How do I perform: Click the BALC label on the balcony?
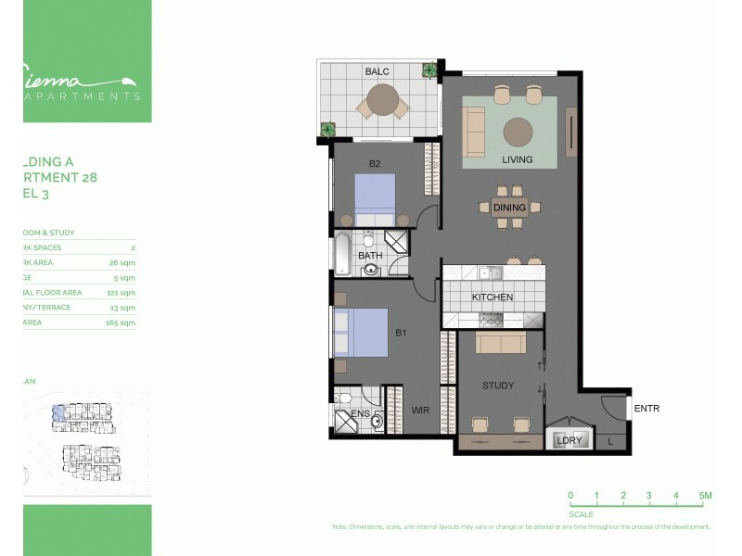click(x=377, y=71)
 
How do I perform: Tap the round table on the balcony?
click(x=381, y=98)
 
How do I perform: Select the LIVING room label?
click(x=518, y=159)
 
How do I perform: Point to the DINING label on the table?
click(x=509, y=208)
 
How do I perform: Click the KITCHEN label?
click(x=493, y=297)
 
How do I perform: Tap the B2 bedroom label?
click(x=375, y=164)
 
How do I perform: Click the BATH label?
click(x=371, y=256)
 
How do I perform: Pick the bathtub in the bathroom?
click(x=341, y=254)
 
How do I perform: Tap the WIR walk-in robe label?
click(x=418, y=409)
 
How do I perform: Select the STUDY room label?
click(x=497, y=385)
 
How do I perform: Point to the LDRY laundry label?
click(x=569, y=440)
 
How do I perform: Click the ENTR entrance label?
click(x=646, y=408)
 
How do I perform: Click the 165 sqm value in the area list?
click(x=121, y=322)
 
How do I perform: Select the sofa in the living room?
click(x=474, y=132)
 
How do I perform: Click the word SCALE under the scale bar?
click(x=582, y=513)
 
